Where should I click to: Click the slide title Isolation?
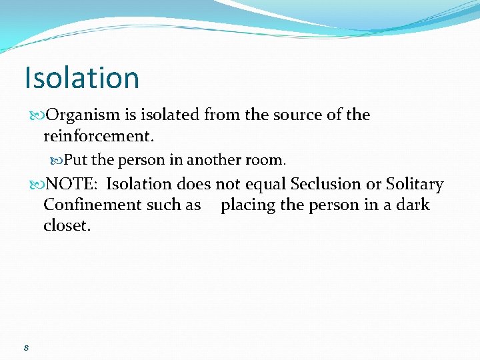click(x=81, y=77)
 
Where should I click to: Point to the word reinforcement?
click(x=97, y=137)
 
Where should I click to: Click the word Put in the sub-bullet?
click(x=75, y=161)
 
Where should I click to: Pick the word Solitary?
click(x=415, y=184)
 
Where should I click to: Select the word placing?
click(x=248, y=205)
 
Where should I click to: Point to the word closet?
click(x=67, y=225)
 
